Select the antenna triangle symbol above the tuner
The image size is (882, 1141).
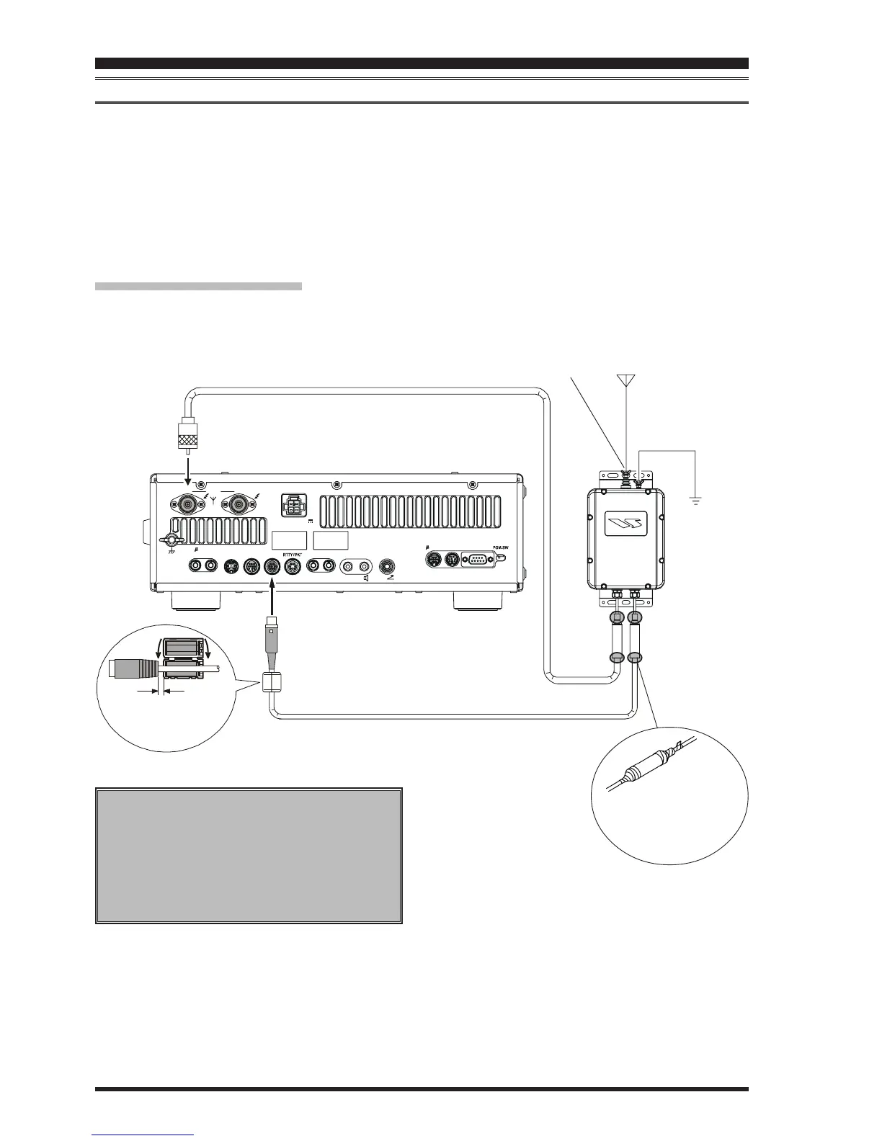click(x=625, y=381)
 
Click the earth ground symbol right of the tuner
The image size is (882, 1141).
click(x=695, y=499)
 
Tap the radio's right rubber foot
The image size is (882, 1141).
click(x=478, y=600)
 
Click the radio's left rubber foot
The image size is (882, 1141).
click(x=195, y=600)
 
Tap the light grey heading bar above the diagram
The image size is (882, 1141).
click(x=198, y=286)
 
